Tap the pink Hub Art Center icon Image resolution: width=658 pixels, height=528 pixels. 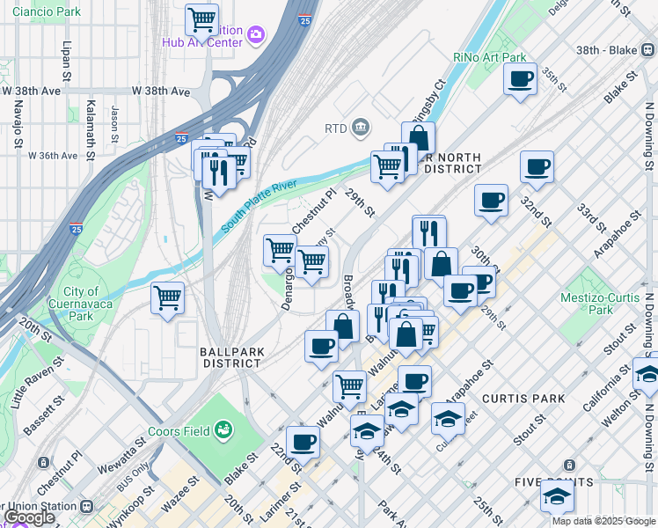click(x=257, y=34)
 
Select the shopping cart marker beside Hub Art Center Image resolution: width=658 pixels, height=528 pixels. click(x=202, y=18)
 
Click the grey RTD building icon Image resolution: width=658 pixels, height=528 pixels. click(x=361, y=128)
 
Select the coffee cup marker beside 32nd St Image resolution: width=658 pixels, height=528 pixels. click(x=536, y=165)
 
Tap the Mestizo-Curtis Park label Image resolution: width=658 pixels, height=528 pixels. click(x=600, y=304)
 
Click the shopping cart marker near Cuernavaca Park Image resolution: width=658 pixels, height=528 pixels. click(x=167, y=297)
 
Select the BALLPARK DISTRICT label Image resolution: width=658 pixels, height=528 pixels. click(x=233, y=356)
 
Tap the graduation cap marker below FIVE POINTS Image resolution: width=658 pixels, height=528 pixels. click(x=557, y=498)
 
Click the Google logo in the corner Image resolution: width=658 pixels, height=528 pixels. click(x=28, y=517)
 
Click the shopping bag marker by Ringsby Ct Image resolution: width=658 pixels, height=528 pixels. click(x=419, y=137)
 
